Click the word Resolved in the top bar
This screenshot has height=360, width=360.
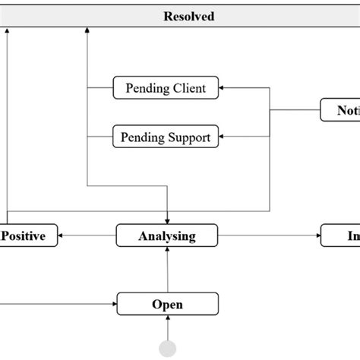point(188,16)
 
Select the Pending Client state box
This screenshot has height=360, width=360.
point(166,87)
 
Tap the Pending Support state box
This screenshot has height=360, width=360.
point(166,137)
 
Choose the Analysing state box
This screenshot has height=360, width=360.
point(167,235)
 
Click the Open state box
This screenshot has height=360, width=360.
point(167,304)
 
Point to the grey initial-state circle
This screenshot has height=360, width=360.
point(167,349)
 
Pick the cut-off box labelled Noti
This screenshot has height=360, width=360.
point(340,110)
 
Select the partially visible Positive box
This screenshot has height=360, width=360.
point(27,235)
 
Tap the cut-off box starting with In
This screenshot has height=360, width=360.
point(340,235)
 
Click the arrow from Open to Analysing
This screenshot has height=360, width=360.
point(167,270)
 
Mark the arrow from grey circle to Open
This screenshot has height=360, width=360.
point(167,328)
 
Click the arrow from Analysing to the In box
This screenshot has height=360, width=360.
point(270,235)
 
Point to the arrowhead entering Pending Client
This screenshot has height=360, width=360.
point(223,87)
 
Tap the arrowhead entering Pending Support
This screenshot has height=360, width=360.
point(223,137)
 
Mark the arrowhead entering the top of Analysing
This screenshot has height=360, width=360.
point(167,220)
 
